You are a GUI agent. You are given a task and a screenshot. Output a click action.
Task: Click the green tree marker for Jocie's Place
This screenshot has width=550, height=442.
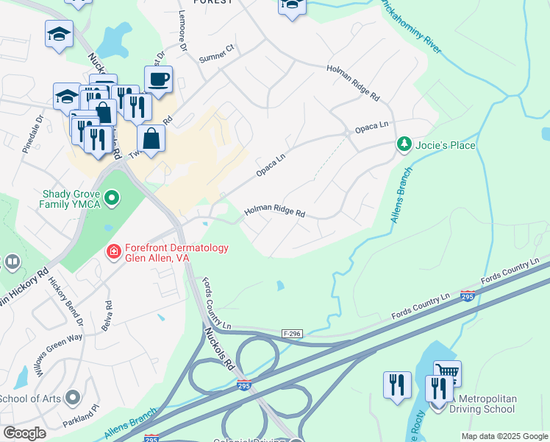point(404,144)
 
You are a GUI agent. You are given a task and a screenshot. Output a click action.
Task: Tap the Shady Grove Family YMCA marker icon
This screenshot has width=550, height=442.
point(112,197)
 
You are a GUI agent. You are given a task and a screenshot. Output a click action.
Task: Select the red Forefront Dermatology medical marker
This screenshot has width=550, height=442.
point(113,253)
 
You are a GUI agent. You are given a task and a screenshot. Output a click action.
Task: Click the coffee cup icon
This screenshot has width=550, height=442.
point(158,79)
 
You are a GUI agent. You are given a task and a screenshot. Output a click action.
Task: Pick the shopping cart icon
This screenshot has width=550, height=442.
point(447,373)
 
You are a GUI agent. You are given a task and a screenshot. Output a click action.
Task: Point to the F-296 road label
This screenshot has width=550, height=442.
point(293,334)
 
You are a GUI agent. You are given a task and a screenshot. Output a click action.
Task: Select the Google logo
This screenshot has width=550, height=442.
point(25,433)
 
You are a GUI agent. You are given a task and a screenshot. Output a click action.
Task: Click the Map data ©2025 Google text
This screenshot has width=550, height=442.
point(504,436)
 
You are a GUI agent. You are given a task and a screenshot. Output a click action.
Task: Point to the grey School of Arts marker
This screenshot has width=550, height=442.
point(72,399)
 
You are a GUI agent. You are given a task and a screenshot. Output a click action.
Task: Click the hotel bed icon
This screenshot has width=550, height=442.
point(292,6)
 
